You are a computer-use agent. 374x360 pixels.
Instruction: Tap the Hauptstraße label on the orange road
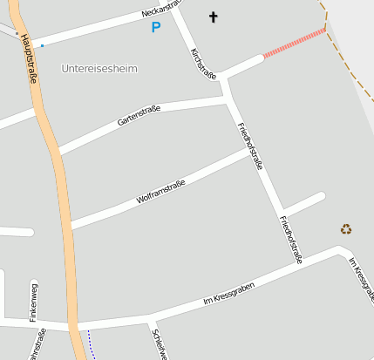point(28,61)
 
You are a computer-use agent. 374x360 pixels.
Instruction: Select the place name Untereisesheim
point(100,68)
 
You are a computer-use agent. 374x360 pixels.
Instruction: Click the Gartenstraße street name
point(139,115)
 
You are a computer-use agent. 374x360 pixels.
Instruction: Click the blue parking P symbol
point(156,28)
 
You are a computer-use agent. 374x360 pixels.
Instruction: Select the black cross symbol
point(214,17)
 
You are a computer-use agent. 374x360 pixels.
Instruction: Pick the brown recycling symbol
point(346,229)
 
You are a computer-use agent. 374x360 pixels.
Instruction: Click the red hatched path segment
point(294,44)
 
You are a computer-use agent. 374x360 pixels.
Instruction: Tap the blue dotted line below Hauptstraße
point(89,344)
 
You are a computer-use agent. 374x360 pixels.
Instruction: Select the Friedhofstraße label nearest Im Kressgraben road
point(291,240)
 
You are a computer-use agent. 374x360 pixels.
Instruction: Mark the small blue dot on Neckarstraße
point(42,44)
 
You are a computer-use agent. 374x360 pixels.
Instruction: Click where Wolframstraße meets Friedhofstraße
point(250,151)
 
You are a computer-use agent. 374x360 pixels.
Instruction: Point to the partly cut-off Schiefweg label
point(158,343)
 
